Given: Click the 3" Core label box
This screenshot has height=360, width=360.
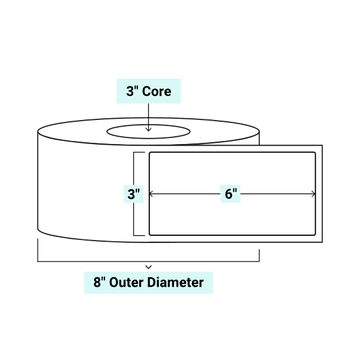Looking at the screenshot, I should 148,91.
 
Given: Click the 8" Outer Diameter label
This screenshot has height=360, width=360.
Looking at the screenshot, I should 148,281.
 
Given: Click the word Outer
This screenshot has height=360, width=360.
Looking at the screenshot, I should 130,281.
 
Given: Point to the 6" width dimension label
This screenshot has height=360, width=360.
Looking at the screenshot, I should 232,194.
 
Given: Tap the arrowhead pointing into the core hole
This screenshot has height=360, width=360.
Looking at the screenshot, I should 148,128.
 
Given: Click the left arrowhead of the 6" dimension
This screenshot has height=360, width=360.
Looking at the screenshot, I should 151,194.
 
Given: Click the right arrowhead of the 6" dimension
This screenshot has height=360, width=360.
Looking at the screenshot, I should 313,194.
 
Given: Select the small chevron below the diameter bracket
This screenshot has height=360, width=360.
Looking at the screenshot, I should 148,266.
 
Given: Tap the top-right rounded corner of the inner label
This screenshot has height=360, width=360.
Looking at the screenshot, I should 313,155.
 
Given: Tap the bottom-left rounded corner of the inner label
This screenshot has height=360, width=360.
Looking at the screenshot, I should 151,232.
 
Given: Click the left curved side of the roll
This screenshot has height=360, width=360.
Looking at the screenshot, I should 38,180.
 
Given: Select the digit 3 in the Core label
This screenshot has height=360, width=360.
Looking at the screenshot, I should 129,91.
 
